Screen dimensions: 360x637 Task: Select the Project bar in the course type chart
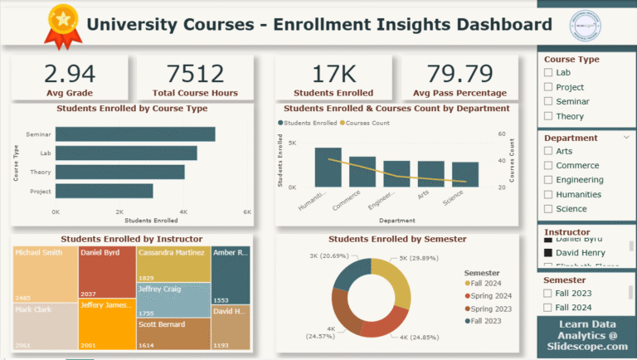[x=105, y=191]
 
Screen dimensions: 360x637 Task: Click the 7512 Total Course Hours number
[x=196, y=74]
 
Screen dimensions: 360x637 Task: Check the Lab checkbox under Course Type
[x=547, y=73]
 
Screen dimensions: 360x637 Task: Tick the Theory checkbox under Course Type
[x=547, y=116]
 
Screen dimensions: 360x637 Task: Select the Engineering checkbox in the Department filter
[x=547, y=180]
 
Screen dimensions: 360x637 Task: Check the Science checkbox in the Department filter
[x=547, y=209]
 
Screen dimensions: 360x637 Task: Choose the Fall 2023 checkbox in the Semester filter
[x=547, y=292]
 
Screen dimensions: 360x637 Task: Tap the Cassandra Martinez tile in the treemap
[x=173, y=264]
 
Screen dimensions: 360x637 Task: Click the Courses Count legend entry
[x=366, y=123]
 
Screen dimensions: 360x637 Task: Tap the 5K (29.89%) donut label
[x=415, y=258]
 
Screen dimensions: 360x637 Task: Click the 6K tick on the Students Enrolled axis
[x=246, y=212]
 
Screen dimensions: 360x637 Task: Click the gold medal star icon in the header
[x=61, y=17]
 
